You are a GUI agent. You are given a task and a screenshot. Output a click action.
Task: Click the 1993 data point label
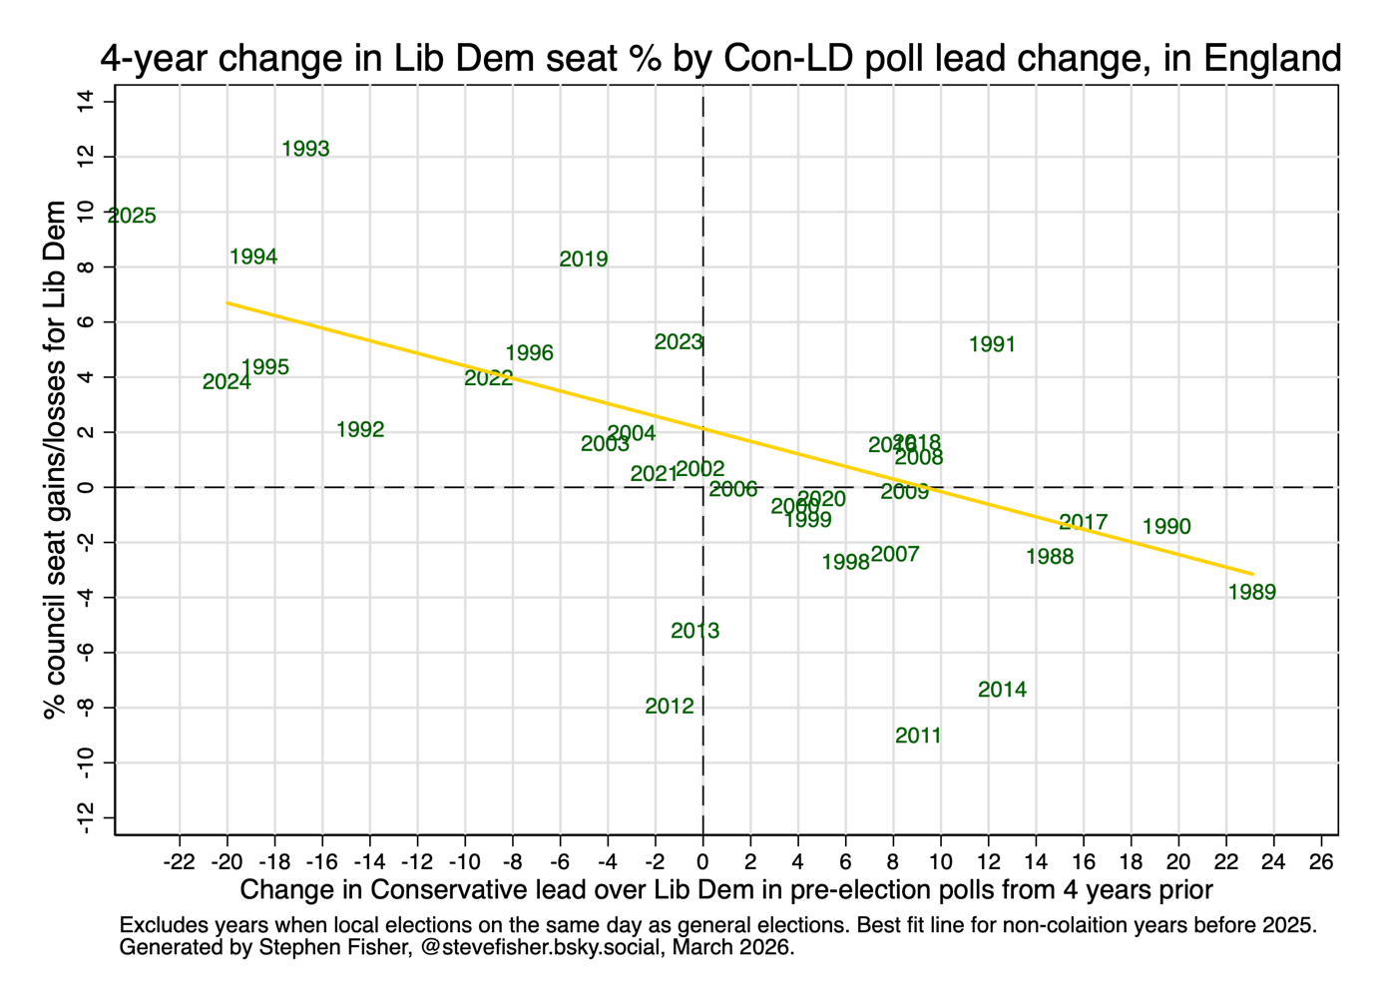pos(305,149)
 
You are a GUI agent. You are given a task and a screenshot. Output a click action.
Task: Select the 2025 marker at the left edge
pos(132,216)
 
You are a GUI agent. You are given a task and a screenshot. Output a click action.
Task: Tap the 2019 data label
pos(584,259)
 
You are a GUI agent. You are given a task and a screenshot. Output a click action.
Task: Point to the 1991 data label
pos(992,344)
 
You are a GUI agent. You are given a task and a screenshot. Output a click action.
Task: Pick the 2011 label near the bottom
pos(918,736)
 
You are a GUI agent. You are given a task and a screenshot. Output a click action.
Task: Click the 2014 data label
pos(1002,690)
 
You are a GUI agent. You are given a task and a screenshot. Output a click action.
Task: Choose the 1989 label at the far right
pos(1251,592)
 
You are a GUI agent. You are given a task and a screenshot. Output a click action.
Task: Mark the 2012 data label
pos(670,707)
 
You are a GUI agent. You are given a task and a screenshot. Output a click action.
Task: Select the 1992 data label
pos(360,430)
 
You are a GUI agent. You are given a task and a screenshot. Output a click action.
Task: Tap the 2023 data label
pos(679,342)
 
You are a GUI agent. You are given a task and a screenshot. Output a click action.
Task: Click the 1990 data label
pos(1166,527)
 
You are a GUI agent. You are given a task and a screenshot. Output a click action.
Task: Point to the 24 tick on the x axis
pos(1274,861)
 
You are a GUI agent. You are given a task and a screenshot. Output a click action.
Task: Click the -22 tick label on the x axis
pos(179,861)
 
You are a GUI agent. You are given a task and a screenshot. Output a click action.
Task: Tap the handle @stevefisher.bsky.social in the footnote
pos(540,947)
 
